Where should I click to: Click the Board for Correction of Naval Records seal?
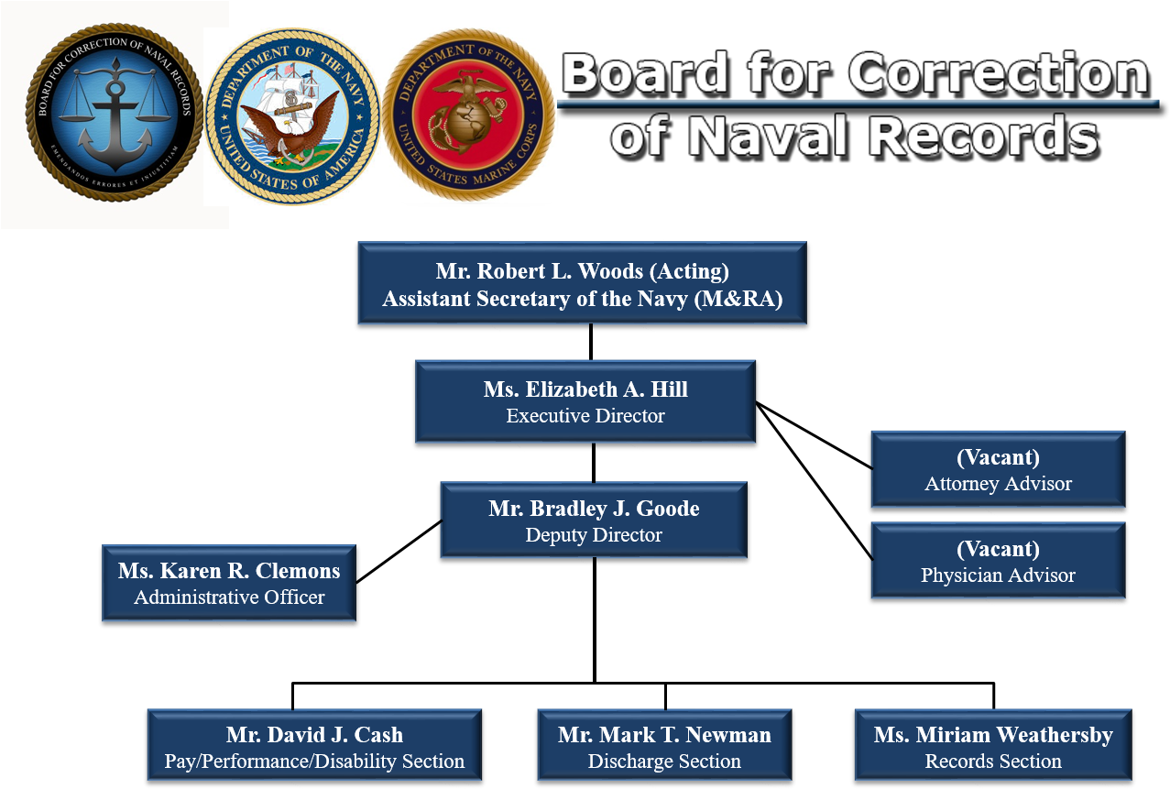pyautogui.click(x=115, y=112)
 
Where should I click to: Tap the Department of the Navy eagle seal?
pyautogui.click(x=293, y=116)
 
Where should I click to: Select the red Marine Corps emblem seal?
pyautogui.click(x=468, y=115)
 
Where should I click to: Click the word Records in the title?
pyautogui.click(x=984, y=136)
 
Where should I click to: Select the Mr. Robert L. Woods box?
pyautogui.click(x=583, y=282)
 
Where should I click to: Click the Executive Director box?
pyautogui.click(x=585, y=401)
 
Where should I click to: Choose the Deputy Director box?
pyautogui.click(x=594, y=520)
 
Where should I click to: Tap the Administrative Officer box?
pyautogui.click(x=229, y=583)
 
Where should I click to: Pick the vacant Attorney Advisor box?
pyautogui.click(x=998, y=469)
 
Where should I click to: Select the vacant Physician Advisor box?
pyautogui.click(x=998, y=560)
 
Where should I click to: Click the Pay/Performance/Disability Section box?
pyautogui.click(x=314, y=746)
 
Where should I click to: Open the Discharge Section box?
pyautogui.click(x=664, y=746)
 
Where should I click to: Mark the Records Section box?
pyautogui.click(x=993, y=746)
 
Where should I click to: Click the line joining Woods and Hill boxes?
pyautogui.click(x=591, y=342)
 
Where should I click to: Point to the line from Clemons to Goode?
pyautogui.click(x=399, y=552)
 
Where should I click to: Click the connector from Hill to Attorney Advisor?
pyautogui.click(x=814, y=435)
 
